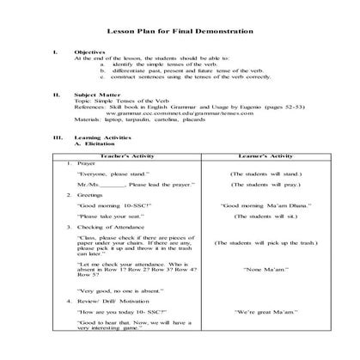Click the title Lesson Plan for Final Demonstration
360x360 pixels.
click(x=180, y=31)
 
